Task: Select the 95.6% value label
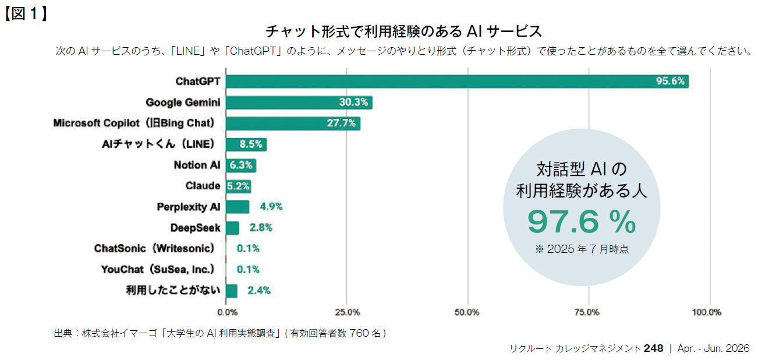click(x=670, y=82)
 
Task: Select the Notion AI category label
click(x=197, y=165)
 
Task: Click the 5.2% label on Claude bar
click(x=239, y=186)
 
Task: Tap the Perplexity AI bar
click(x=238, y=207)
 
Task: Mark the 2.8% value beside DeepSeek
click(x=260, y=228)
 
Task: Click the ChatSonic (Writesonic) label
click(x=154, y=249)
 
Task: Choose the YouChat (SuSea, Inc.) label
click(x=157, y=270)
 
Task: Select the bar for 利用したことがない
click(x=232, y=291)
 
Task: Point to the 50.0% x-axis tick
click(x=467, y=312)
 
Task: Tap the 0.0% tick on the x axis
click(x=227, y=312)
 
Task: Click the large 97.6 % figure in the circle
click(x=581, y=222)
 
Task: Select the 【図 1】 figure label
click(x=26, y=13)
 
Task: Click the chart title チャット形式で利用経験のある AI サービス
click(x=403, y=31)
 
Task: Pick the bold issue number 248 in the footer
click(x=653, y=348)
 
